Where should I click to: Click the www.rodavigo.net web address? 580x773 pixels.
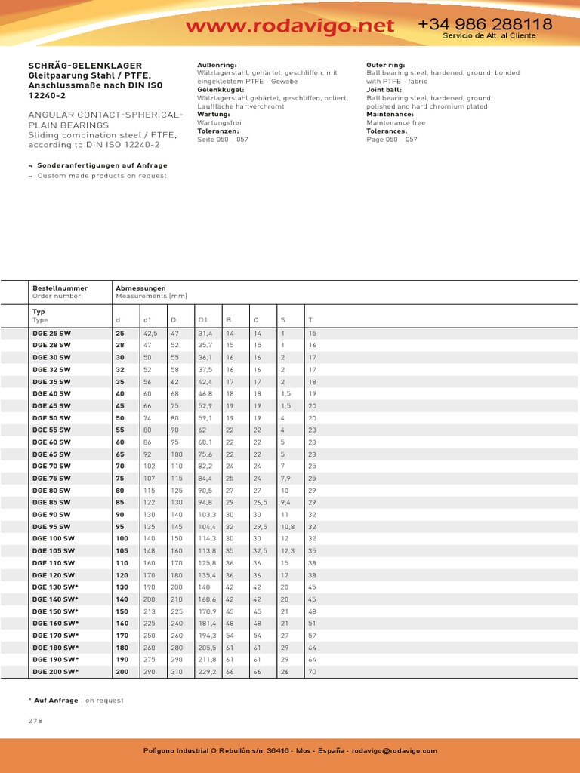click(290, 26)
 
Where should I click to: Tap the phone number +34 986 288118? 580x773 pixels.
click(485, 24)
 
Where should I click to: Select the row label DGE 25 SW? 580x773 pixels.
click(51, 333)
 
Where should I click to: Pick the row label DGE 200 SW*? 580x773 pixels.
click(54, 671)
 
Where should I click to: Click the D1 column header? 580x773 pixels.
click(202, 320)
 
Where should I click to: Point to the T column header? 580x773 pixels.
click(310, 320)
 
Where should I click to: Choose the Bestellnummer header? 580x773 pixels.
click(60, 288)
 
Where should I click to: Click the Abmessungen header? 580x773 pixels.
click(140, 288)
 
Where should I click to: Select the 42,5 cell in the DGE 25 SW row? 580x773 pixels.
click(150, 333)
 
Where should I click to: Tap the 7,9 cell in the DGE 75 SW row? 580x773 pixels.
click(286, 478)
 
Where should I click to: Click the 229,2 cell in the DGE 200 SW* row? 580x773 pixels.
click(207, 671)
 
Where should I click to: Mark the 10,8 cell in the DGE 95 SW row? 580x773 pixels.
click(288, 526)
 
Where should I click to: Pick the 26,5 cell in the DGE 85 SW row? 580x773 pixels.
click(261, 502)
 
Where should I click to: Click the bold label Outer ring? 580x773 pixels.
click(387, 66)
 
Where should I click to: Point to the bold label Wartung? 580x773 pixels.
click(213, 114)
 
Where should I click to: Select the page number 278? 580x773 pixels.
click(36, 720)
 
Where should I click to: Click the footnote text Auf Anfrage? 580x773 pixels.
click(56, 700)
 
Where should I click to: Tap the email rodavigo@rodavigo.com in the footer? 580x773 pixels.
click(395, 750)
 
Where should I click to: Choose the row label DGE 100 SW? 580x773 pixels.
click(53, 538)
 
